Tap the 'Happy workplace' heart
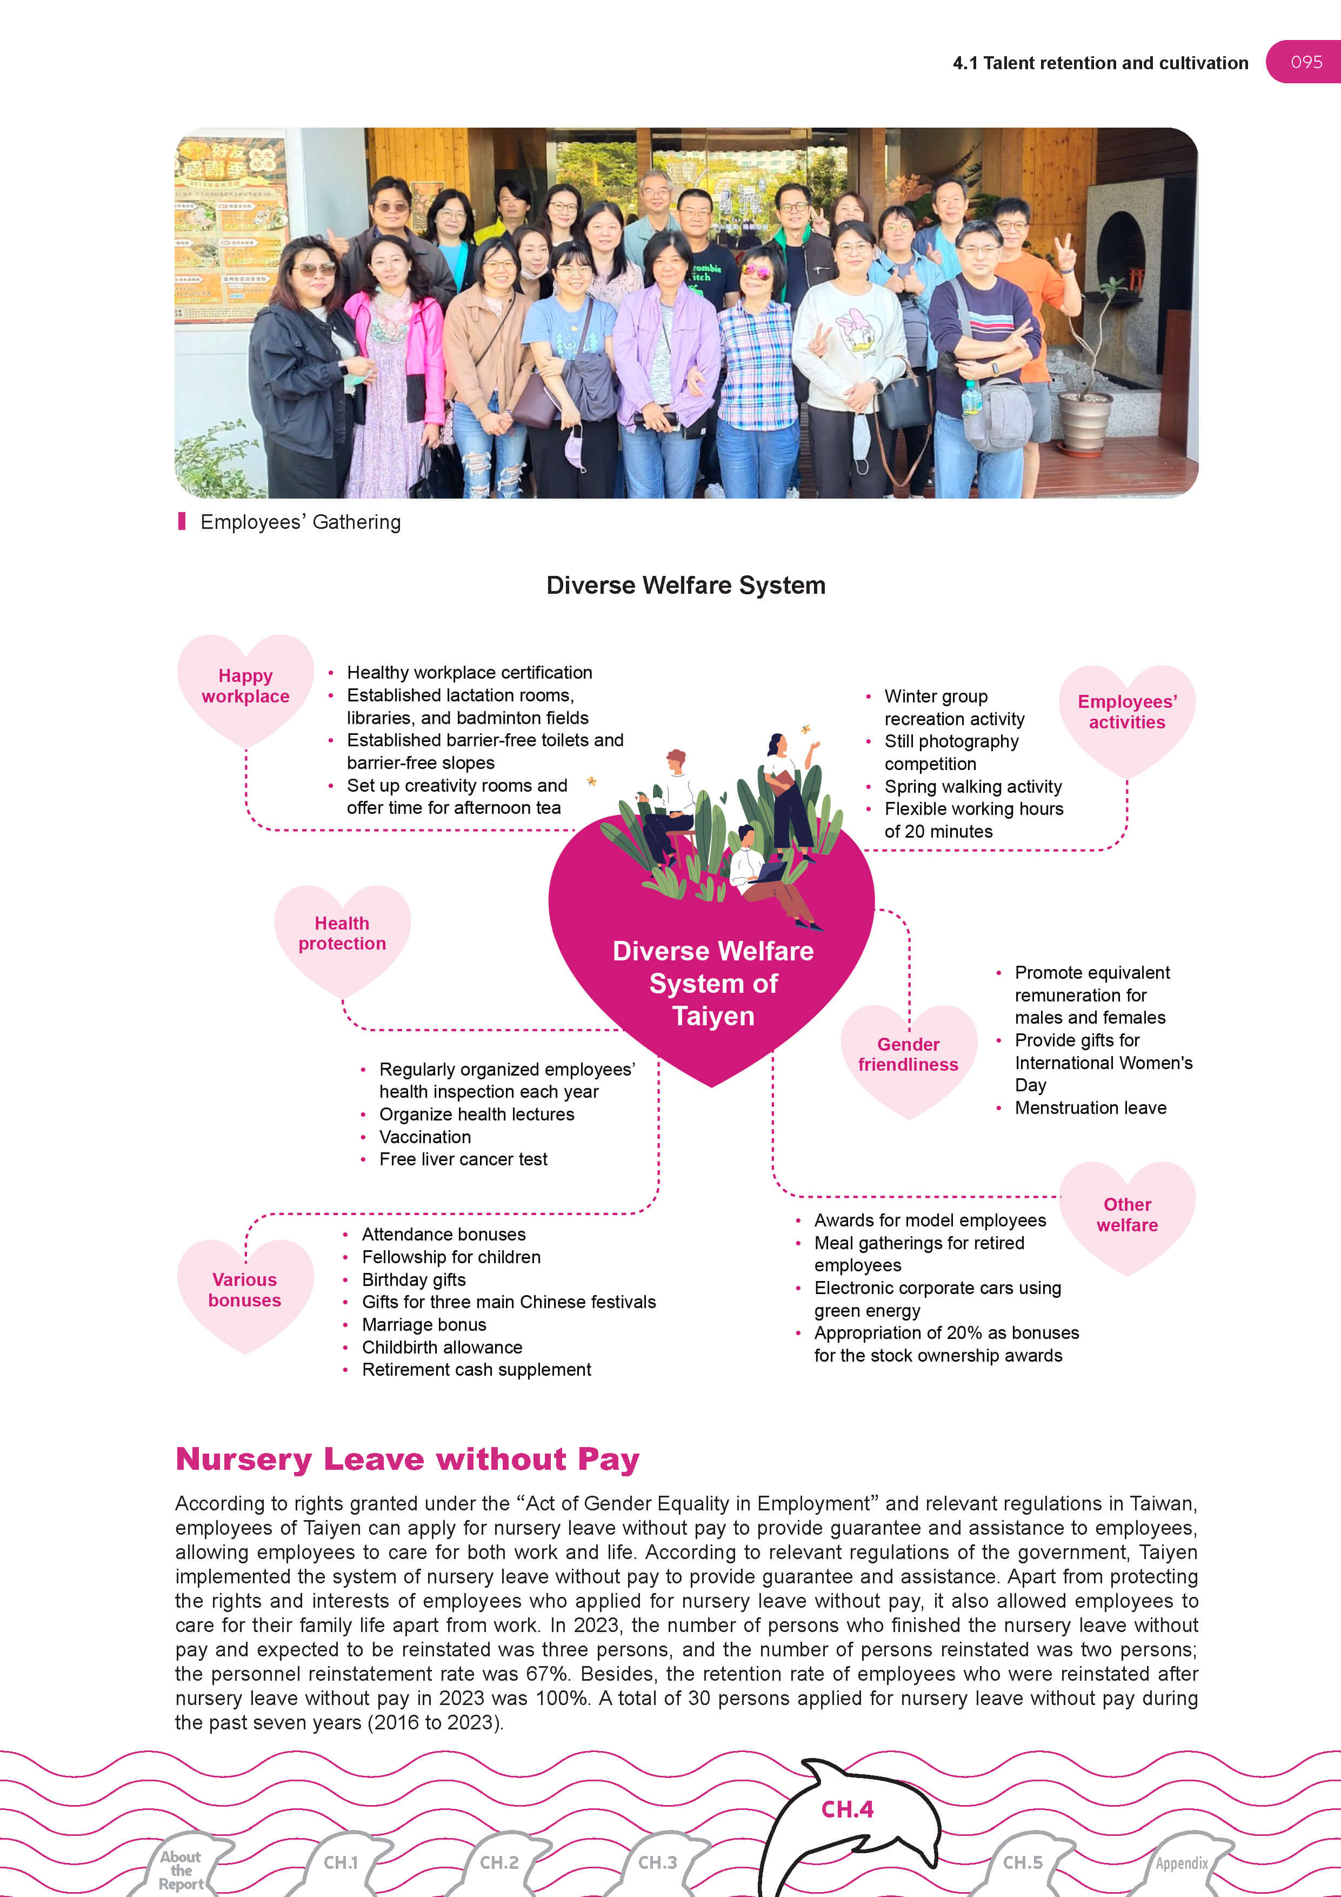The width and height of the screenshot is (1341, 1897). [245, 687]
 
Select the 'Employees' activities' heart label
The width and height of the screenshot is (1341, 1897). [1126, 712]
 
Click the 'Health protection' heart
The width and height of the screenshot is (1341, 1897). [342, 933]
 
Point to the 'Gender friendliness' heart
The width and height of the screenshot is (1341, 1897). [908, 1055]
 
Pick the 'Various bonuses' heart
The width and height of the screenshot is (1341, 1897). [244, 1290]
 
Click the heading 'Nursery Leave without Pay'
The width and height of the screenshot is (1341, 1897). [407, 1460]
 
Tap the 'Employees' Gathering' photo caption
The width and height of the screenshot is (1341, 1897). [300, 522]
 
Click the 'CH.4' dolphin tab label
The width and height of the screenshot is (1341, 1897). [846, 1809]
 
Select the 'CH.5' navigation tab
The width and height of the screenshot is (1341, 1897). [1022, 1863]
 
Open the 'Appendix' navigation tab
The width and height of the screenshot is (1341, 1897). [1181, 1864]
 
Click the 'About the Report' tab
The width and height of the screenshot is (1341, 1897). [182, 1871]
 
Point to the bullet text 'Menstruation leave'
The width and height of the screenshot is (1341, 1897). [1090, 1108]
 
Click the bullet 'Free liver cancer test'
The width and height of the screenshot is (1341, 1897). [463, 1160]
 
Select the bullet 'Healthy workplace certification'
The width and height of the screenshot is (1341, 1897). [469, 673]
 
